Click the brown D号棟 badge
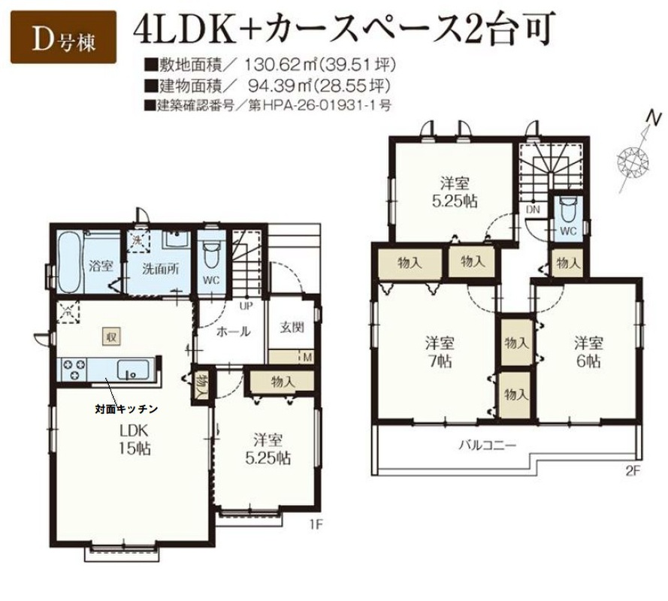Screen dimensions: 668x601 63,37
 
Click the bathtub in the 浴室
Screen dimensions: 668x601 69,262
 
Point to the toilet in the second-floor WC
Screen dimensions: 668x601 568,210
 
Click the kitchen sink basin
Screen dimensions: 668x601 133,370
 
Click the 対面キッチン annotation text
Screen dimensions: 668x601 126,409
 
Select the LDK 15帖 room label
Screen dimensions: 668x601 135,440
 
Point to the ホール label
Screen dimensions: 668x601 233,331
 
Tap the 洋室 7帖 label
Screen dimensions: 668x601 440,352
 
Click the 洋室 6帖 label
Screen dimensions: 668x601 588,352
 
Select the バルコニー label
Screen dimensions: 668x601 488,446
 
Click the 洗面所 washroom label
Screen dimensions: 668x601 161,269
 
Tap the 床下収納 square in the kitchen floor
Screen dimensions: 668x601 112,338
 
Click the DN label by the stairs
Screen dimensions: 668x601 533,210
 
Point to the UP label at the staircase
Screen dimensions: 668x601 246,306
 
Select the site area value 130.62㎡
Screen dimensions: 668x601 281,65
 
